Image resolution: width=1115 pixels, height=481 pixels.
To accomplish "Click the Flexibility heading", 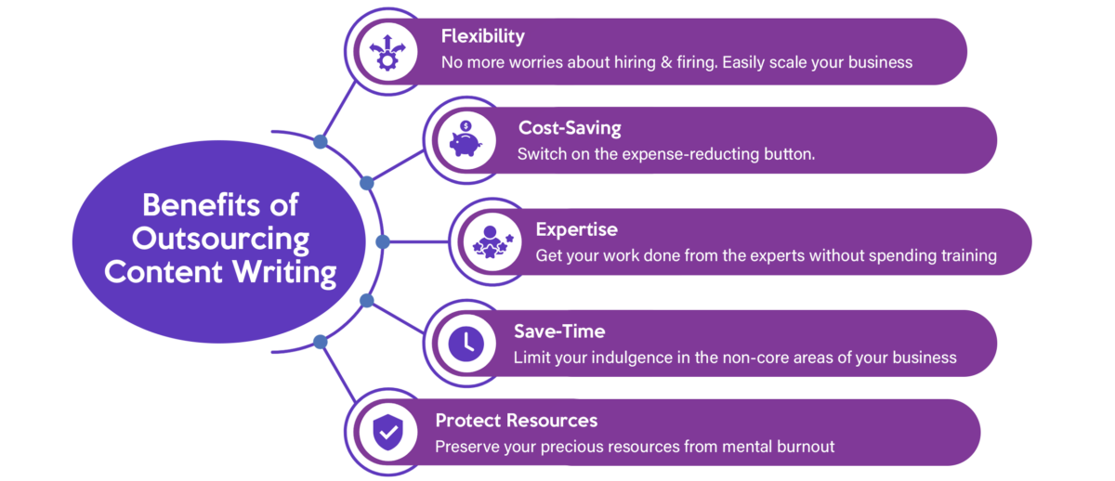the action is tap(482, 37).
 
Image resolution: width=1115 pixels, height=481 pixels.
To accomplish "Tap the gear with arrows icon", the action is tap(387, 52).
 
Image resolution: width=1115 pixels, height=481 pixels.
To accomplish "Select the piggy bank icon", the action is tap(466, 139).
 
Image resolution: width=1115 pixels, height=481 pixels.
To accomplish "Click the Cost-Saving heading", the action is tap(570, 128).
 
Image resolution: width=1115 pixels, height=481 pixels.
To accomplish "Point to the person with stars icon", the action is tap(492, 241).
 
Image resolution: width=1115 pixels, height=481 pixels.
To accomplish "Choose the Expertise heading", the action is tap(576, 229).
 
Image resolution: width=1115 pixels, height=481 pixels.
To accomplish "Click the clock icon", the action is tap(466, 344).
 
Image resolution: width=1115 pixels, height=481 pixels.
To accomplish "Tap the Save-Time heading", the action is tap(559, 331).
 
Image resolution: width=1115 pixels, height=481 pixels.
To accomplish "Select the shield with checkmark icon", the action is tap(387, 433).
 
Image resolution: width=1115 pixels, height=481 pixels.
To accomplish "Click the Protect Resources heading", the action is tap(517, 421).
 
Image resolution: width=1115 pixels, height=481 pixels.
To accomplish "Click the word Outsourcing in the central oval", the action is tap(220, 240).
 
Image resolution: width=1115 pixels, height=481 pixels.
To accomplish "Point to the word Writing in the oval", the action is tap(284, 273).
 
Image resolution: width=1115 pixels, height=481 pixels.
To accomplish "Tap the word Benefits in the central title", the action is tap(201, 204).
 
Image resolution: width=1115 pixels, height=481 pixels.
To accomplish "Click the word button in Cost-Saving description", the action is tap(790, 154).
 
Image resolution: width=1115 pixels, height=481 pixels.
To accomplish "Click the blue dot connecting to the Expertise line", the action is tap(382, 241).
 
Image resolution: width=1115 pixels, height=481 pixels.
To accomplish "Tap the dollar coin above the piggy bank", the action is tap(466, 126).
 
